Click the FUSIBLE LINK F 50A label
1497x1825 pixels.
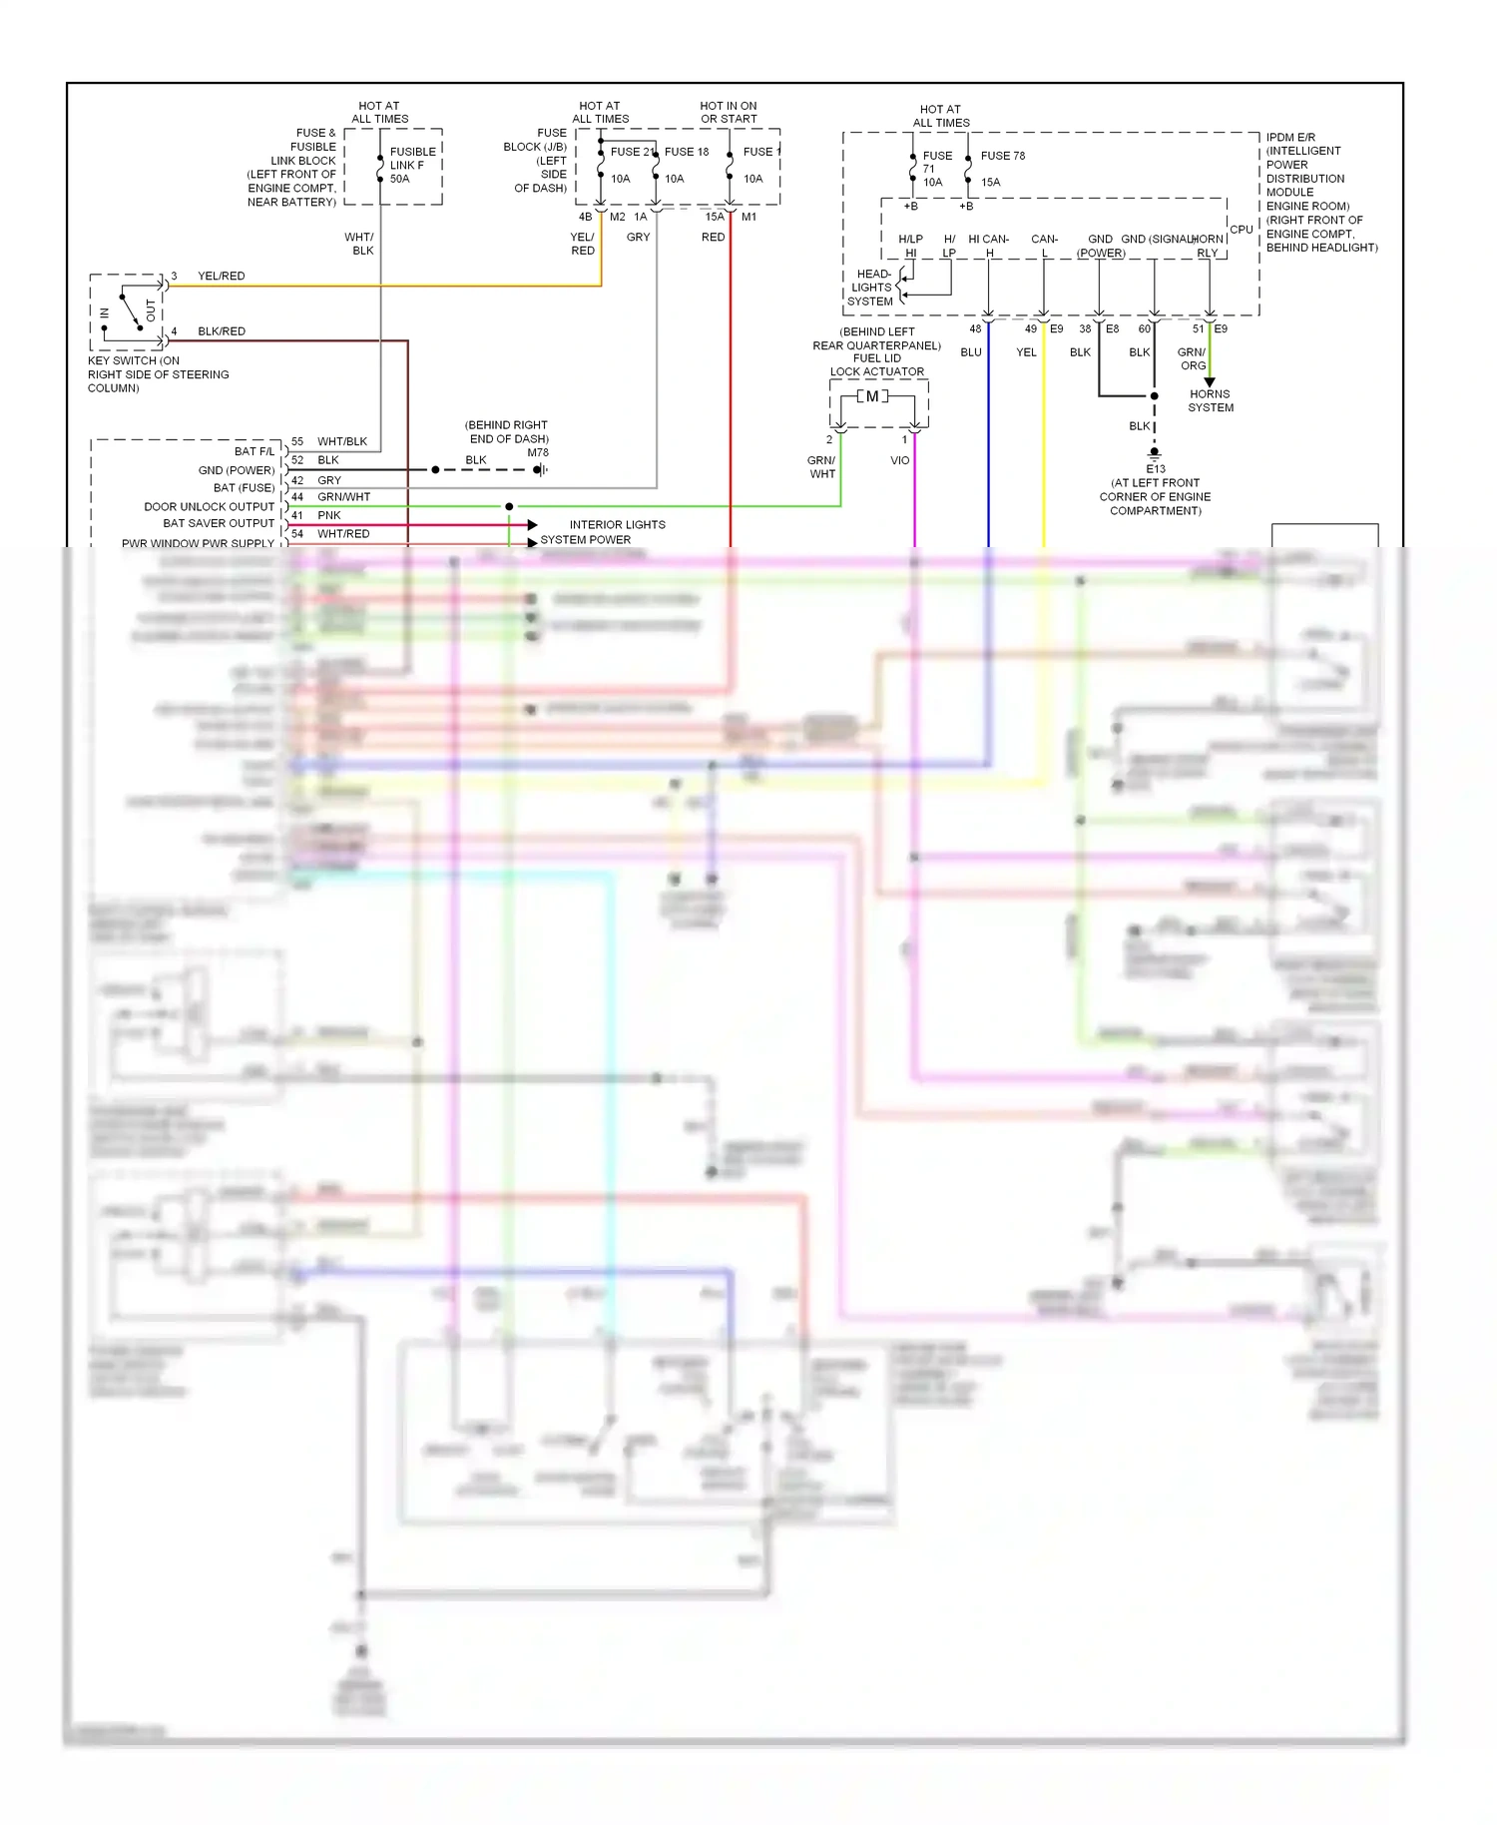pyautogui.click(x=412, y=165)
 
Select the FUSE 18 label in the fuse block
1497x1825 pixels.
pyautogui.click(x=687, y=152)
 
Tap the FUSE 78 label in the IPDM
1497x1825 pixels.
pyautogui.click(x=1002, y=156)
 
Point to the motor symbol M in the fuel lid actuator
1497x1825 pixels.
pyautogui.click(x=872, y=396)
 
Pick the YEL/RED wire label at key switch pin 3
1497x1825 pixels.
pyautogui.click(x=221, y=277)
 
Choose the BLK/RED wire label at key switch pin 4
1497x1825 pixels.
pyautogui.click(x=221, y=331)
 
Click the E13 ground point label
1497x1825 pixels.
pyautogui.click(x=1155, y=469)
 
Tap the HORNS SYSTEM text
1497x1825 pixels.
pyautogui.click(x=1210, y=400)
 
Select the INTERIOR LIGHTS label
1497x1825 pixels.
pyautogui.click(x=617, y=525)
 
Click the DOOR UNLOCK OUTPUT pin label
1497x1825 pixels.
pyautogui.click(x=209, y=507)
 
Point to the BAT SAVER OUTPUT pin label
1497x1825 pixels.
pyautogui.click(x=218, y=523)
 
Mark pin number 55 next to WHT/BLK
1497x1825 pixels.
pyautogui.click(x=297, y=441)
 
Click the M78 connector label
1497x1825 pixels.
pyautogui.click(x=538, y=453)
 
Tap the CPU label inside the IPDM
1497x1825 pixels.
pyautogui.click(x=1241, y=230)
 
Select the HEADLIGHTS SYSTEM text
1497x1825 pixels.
pyautogui.click(x=871, y=288)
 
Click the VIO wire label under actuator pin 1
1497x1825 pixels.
pyautogui.click(x=899, y=461)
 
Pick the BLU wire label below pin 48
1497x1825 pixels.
pyautogui.click(x=971, y=352)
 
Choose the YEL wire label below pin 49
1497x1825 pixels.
pyautogui.click(x=1026, y=352)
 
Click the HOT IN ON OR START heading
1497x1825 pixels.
pyautogui.click(x=729, y=112)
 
